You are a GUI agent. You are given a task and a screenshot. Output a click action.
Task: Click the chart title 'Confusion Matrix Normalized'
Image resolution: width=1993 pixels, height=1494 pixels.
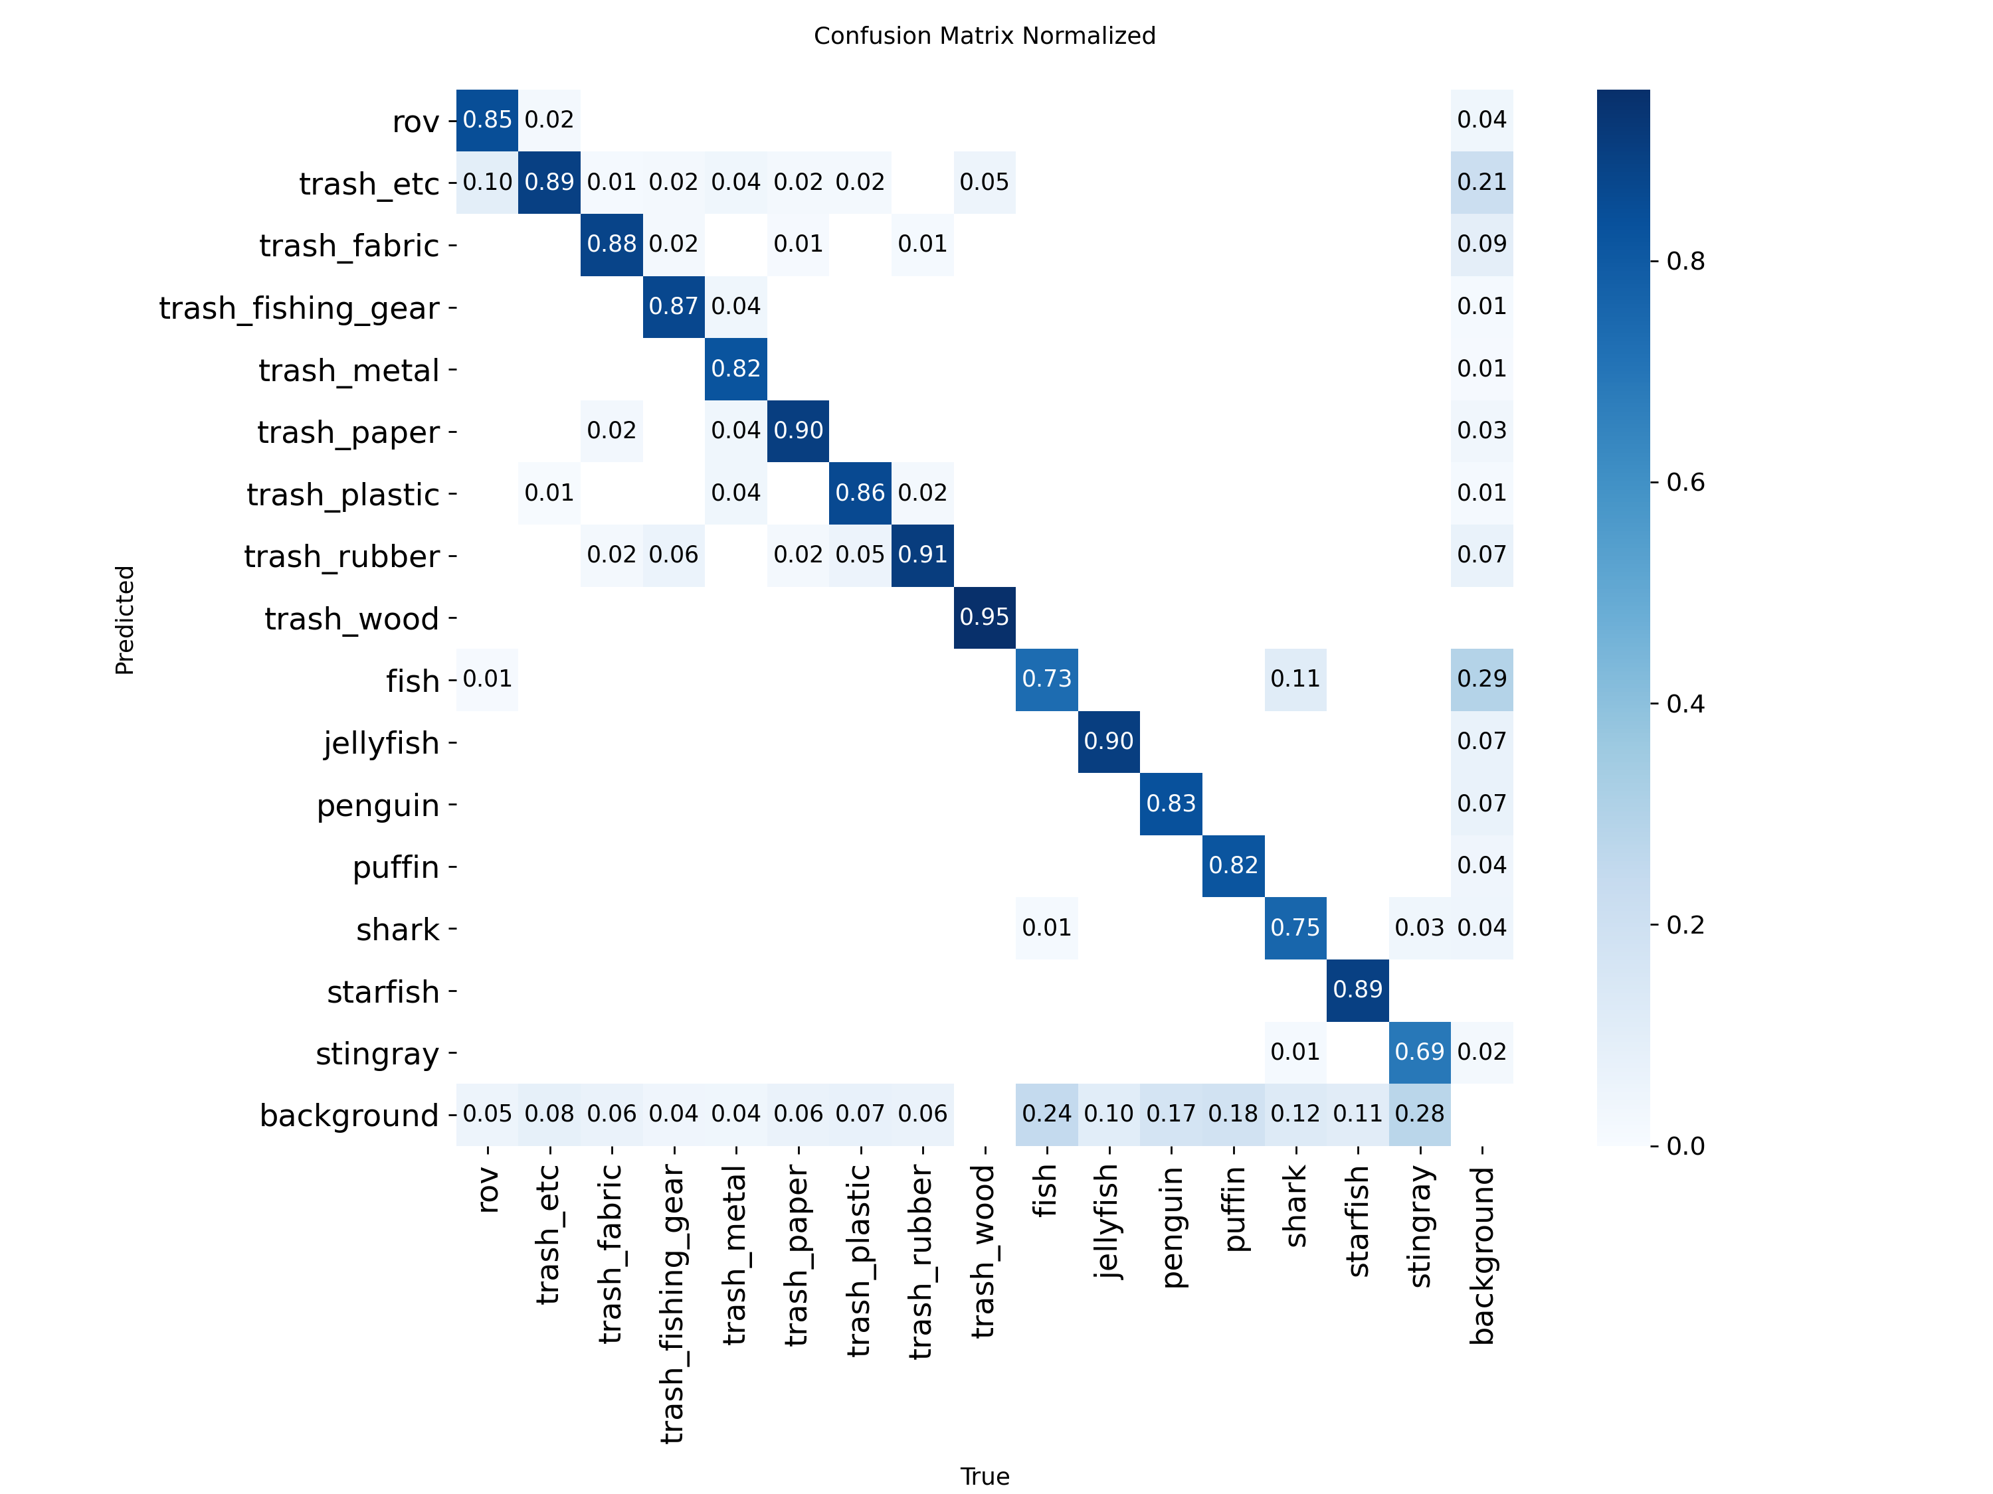pos(984,36)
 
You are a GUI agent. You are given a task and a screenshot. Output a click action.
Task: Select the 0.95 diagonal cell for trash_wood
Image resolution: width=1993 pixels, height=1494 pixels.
pos(985,617)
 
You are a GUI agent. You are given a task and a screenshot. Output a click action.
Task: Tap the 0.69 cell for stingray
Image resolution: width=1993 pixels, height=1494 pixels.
pos(1420,1052)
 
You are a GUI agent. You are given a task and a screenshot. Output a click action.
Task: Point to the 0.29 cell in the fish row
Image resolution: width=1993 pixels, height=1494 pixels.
pos(1482,679)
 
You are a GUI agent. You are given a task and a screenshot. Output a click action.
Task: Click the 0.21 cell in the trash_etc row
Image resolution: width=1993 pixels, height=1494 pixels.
pos(1482,182)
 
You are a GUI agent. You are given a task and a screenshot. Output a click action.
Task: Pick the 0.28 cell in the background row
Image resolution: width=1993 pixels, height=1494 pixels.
pos(1420,1114)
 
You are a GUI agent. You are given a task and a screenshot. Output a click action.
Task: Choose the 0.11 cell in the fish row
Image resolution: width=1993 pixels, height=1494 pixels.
pos(1295,679)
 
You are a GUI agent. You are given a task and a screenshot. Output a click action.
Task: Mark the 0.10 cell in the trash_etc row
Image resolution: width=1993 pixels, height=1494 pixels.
pos(488,182)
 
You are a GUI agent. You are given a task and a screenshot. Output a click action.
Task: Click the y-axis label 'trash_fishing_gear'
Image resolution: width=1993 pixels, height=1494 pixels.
pos(299,308)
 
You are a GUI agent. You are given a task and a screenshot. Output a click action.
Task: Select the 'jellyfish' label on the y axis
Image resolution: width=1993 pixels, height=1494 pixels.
pos(381,743)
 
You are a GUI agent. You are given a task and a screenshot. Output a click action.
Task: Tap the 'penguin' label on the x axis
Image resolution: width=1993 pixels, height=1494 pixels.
pos(1171,1226)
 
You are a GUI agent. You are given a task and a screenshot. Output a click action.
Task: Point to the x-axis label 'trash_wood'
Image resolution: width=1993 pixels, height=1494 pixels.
pos(985,1251)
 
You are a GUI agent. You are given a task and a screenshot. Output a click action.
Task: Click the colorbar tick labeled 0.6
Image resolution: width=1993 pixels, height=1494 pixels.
pos(1685,483)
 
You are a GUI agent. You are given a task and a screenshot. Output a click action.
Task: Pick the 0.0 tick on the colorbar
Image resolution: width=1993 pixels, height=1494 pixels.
pos(1685,1145)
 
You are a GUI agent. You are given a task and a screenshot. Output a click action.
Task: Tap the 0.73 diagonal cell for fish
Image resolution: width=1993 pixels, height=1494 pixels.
pos(1047,679)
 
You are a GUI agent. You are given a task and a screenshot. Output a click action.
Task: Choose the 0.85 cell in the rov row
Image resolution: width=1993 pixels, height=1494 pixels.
pos(488,120)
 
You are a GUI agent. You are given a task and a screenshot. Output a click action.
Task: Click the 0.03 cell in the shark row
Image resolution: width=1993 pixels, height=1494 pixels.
pos(1420,928)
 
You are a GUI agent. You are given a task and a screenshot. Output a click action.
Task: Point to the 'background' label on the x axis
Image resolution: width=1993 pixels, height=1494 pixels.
pos(1482,1254)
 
